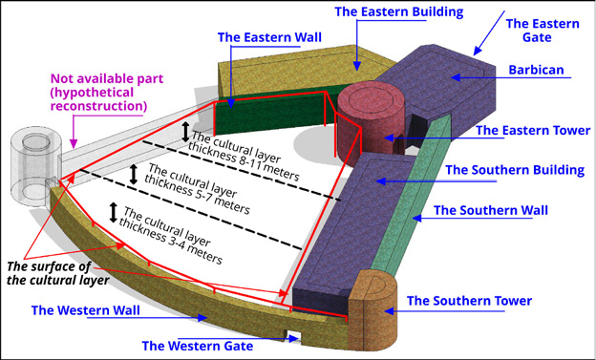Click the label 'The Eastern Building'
click(398, 11)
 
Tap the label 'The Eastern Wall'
click(269, 37)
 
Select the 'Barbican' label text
click(536, 70)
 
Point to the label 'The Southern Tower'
click(469, 301)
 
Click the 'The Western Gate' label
click(198, 346)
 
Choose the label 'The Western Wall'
click(86, 310)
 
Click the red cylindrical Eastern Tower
click(371, 121)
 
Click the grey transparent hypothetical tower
click(35, 167)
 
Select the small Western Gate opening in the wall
click(294, 337)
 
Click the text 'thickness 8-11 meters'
click(244, 161)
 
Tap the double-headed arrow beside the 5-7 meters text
click(134, 175)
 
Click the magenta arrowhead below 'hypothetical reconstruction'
click(74, 143)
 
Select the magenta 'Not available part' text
click(107, 78)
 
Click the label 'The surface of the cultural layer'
click(57, 273)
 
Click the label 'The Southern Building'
click(515, 170)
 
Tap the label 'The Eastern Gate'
click(543, 31)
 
